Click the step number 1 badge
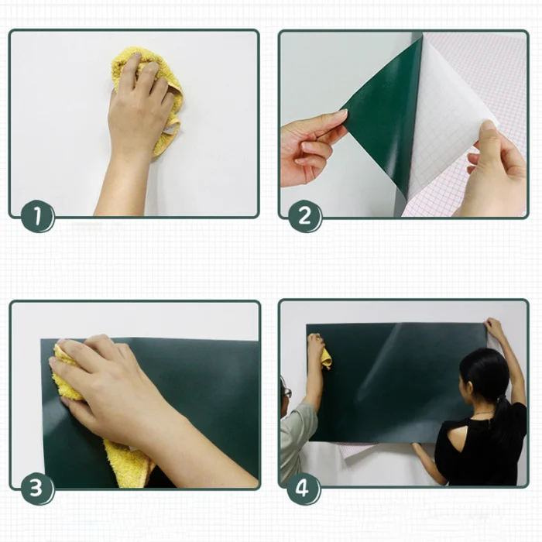click(x=38, y=216)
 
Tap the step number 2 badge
click(x=304, y=216)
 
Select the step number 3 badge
click(x=37, y=489)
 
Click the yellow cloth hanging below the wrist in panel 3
click(x=129, y=463)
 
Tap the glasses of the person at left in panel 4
click(x=287, y=392)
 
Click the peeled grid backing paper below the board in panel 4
click(x=358, y=448)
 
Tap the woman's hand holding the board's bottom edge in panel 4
click(x=419, y=448)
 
